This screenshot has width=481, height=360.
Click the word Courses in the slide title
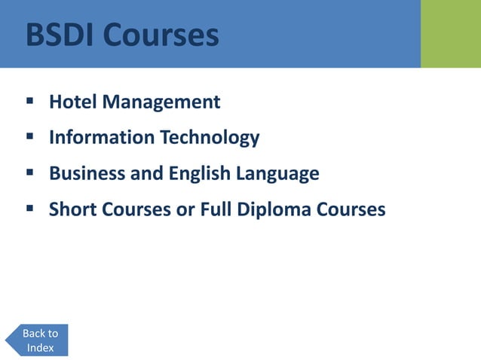point(161,35)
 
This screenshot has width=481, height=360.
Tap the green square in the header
point(451,34)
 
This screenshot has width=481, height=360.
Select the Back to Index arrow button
point(38,340)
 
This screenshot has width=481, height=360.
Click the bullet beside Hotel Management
point(30,100)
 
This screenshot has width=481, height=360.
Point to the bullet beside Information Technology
point(30,136)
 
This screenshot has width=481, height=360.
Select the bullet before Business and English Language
point(30,172)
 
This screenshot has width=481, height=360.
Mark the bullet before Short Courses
point(30,208)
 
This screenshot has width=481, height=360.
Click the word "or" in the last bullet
point(185,210)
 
